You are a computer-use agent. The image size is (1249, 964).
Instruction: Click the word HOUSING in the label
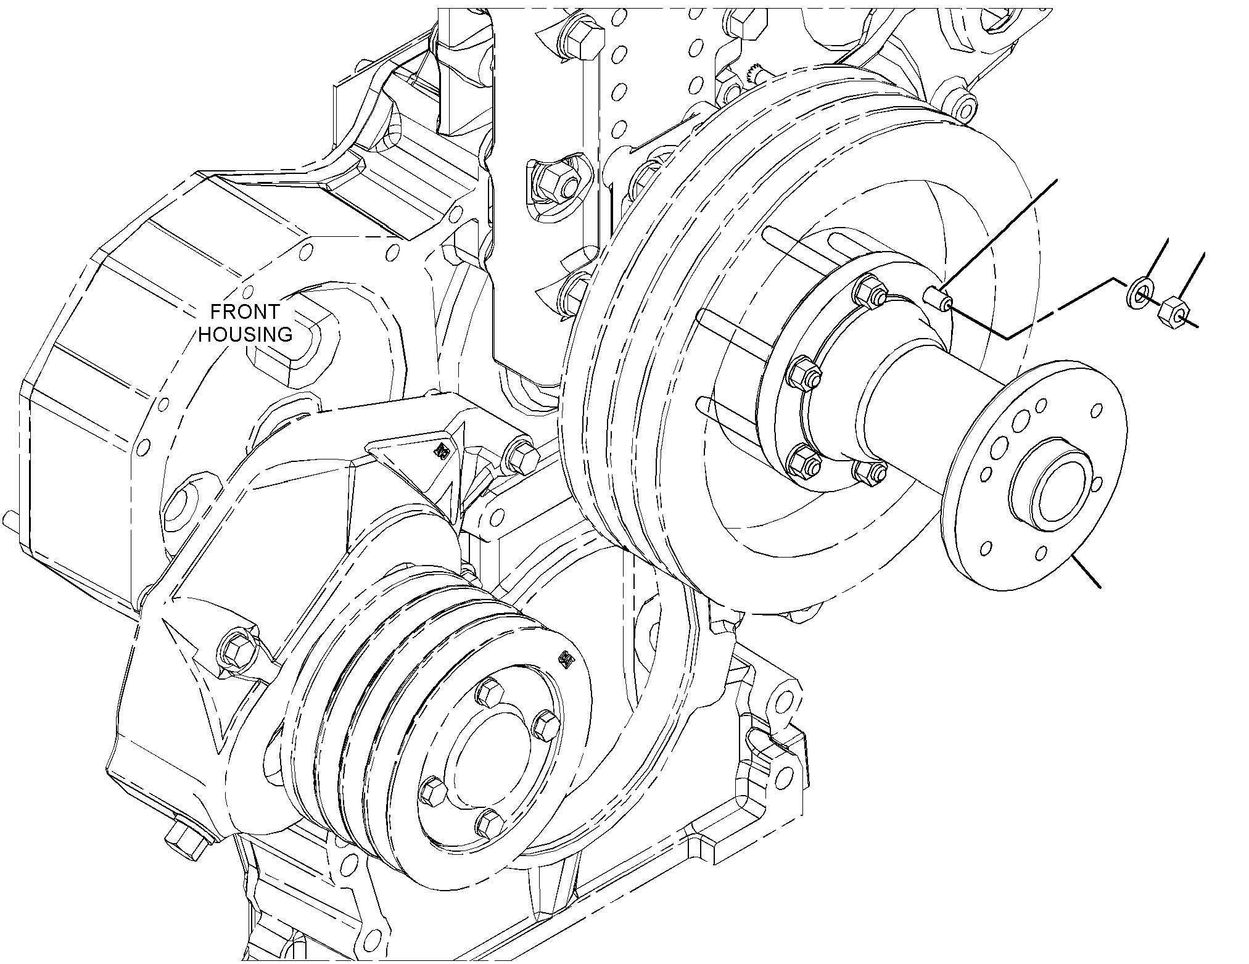click(x=245, y=334)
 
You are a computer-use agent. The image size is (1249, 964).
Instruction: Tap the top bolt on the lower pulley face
click(x=491, y=693)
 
